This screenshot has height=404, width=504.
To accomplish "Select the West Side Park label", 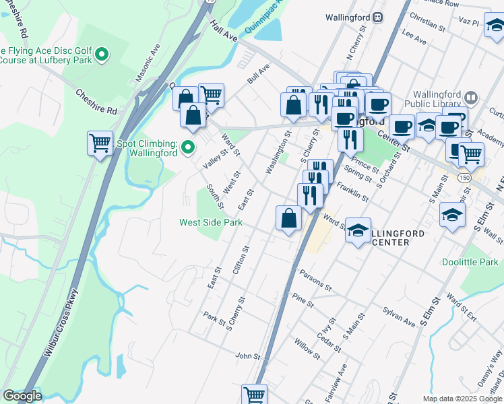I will (x=210, y=222).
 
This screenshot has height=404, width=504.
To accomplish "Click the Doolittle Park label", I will (x=470, y=262).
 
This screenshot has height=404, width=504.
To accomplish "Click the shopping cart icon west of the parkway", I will (x=100, y=143).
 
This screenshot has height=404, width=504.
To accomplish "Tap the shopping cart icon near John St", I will (x=254, y=395).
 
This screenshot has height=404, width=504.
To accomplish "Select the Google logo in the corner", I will (x=22, y=397).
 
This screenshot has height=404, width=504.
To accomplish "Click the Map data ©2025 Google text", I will (x=462, y=399).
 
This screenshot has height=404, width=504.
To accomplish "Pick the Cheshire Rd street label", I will (x=96, y=101).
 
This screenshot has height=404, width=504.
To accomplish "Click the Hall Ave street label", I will (x=224, y=31).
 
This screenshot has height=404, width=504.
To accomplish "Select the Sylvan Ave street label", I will (x=399, y=320).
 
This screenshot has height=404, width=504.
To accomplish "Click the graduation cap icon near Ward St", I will (x=359, y=229).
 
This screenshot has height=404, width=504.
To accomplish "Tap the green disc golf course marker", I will (x=102, y=54).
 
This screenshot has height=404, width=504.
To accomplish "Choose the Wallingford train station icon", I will (x=379, y=17).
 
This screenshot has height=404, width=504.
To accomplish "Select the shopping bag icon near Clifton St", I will (x=288, y=218).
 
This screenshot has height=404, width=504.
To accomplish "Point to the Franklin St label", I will (x=352, y=193).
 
